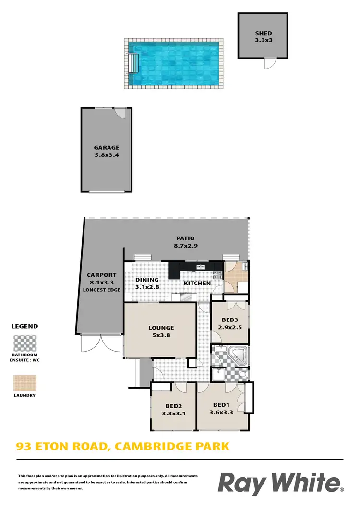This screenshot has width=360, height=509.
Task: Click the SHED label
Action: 264,34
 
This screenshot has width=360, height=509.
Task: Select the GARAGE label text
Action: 107,148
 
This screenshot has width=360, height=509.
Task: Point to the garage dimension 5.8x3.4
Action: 107,155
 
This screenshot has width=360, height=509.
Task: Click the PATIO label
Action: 185,238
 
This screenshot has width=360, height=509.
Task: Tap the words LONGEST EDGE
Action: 101,290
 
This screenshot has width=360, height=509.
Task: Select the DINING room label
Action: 147,280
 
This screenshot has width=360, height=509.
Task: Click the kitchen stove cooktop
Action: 217,275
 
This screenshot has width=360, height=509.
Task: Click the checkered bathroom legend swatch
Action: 24,344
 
